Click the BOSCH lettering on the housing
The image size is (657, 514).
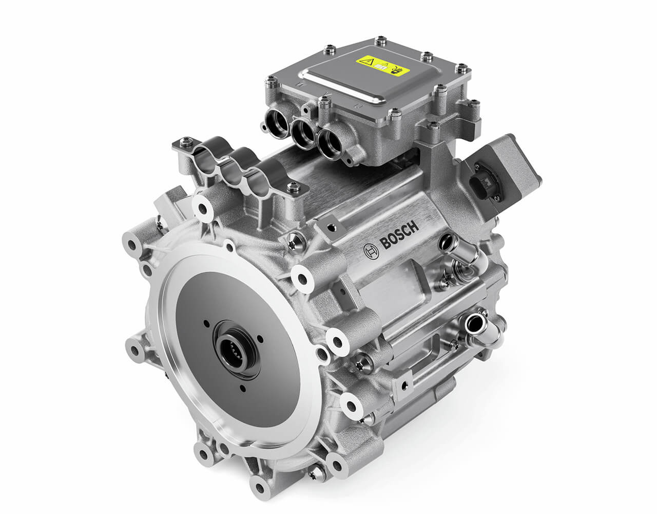pyautogui.click(x=399, y=235)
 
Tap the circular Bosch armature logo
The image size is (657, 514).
pyautogui.click(x=371, y=251)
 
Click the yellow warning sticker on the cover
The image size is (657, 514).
pyautogui.click(x=383, y=66)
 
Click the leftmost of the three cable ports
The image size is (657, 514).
pyautogui.click(x=277, y=123)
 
